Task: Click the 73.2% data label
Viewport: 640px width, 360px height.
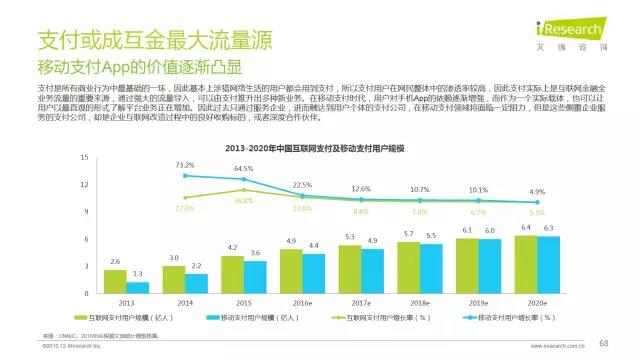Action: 183,163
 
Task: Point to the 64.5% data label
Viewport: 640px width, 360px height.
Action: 243,169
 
